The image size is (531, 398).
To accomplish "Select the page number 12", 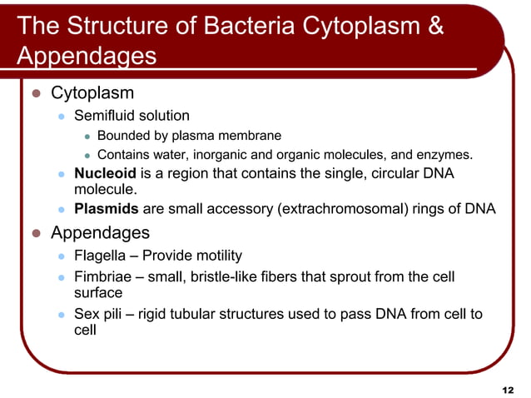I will [509, 390].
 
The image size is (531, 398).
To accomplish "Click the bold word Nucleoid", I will [105, 174].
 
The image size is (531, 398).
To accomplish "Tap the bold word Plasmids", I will [107, 209].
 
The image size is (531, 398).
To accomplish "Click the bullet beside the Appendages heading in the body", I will [36, 233].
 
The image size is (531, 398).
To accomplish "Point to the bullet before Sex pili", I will [61, 315].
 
